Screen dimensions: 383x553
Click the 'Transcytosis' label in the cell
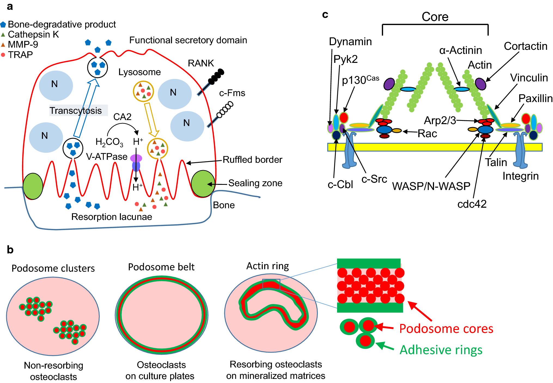tap(76, 111)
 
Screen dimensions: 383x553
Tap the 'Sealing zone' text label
tap(255, 183)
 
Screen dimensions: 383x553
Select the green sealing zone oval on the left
tap(33, 186)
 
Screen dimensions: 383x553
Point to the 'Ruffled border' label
tap(252, 160)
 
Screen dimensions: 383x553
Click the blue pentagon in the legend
tap(3, 25)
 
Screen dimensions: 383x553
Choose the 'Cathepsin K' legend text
tap(33, 35)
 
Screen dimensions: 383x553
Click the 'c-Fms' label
tap(232, 93)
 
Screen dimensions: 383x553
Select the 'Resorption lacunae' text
tap(112, 217)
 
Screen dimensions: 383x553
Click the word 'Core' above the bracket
tap(435, 17)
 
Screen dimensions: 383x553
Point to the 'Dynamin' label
tap(350, 42)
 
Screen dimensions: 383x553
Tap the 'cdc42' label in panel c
tap(472, 204)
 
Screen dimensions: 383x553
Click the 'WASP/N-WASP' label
tap(431, 186)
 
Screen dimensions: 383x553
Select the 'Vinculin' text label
tap(529, 78)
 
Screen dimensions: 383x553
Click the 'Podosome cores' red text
tap(446, 329)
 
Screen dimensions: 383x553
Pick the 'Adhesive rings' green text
tap(441, 350)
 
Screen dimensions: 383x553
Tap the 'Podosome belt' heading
tap(161, 267)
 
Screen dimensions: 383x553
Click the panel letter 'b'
tap(10, 250)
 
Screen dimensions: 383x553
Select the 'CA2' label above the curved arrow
tap(122, 117)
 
